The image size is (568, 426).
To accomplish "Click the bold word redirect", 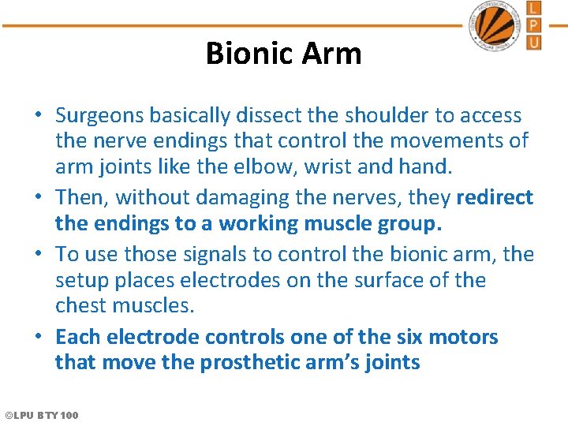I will point(495,197).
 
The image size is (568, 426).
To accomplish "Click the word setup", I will point(78,281).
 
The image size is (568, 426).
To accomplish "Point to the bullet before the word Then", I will point(39,198).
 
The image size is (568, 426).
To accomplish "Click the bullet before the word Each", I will point(39,338).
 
